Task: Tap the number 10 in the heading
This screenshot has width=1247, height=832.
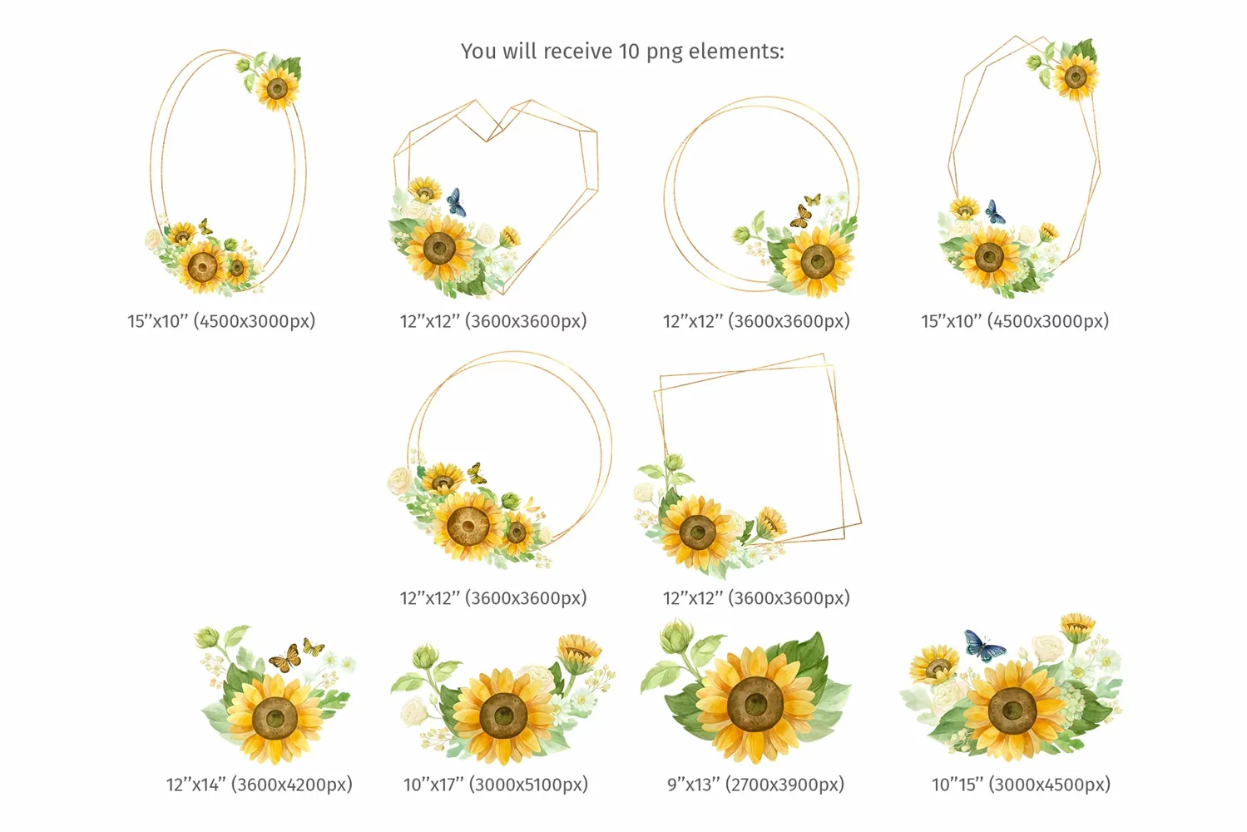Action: coord(629,52)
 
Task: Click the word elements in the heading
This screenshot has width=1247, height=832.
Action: coord(736,52)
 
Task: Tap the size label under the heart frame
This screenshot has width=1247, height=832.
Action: coord(493,321)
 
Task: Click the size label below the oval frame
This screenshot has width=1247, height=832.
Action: coord(221,321)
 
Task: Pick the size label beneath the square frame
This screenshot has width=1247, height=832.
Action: coord(756,597)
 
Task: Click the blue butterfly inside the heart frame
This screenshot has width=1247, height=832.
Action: coord(456,202)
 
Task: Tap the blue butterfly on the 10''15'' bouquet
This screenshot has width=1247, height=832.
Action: coord(983,646)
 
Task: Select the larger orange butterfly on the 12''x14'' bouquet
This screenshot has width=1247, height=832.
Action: coord(285,659)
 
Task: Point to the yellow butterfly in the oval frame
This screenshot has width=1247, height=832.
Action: coord(205,226)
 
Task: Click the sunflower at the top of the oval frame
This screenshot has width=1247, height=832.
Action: coord(277,87)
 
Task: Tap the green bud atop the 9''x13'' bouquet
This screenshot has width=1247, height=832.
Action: coord(675,636)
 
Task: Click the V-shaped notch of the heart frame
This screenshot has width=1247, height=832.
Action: coord(487,140)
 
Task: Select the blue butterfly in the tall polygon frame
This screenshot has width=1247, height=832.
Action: coord(994,212)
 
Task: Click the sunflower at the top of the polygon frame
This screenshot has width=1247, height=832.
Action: coord(1076,77)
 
